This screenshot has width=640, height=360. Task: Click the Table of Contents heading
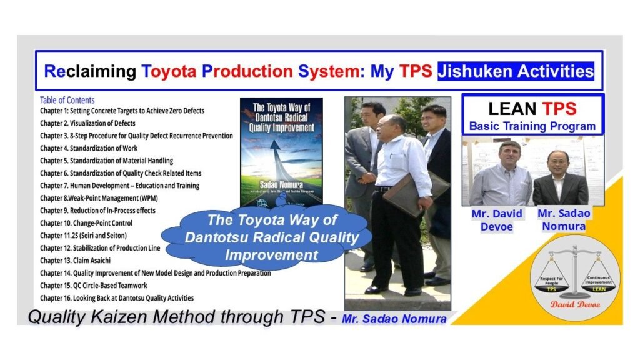tap(67, 100)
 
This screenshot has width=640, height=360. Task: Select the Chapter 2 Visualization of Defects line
tap(87, 123)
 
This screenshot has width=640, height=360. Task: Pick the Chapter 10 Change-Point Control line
tap(86, 223)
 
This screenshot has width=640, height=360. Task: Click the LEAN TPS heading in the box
tap(532, 109)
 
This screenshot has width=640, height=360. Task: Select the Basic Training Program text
tap(532, 126)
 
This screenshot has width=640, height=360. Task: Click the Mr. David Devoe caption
tap(497, 220)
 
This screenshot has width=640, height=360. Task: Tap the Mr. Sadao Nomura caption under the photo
tap(564, 219)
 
